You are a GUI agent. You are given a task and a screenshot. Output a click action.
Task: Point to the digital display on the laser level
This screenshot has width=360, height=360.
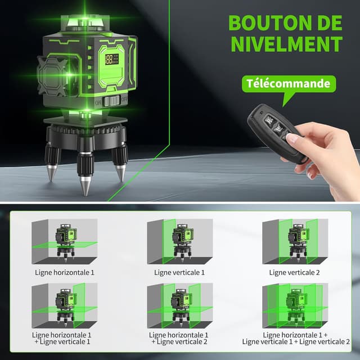(112, 58)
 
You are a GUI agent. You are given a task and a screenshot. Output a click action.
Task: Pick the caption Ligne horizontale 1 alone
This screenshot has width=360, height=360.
(65, 272)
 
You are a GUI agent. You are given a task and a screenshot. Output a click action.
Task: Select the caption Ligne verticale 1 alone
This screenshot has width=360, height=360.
(179, 272)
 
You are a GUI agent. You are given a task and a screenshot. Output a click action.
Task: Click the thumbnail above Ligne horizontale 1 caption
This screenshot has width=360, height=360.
(65, 241)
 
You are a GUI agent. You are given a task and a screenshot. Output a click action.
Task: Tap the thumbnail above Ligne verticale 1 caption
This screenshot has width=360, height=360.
(179, 241)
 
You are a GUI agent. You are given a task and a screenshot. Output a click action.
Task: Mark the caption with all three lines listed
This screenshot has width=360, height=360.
(296, 338)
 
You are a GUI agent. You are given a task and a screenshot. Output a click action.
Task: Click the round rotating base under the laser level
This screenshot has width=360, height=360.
(84, 129)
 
